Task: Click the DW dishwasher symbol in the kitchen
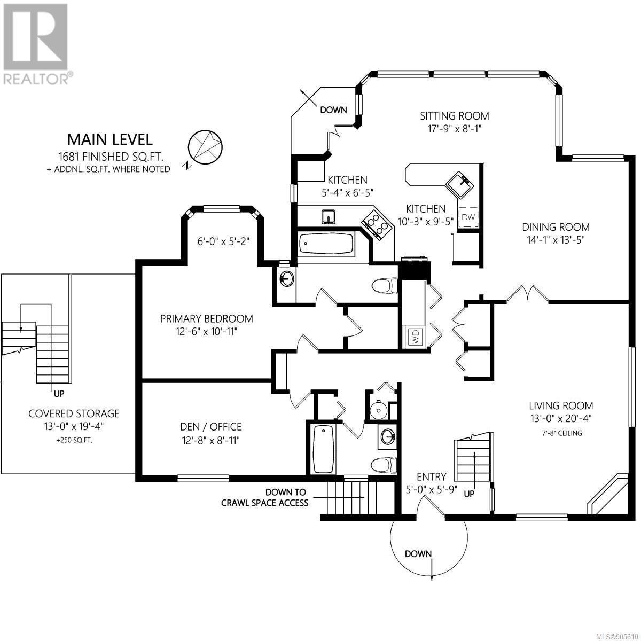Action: (x=468, y=217)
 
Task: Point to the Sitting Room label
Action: (x=455, y=116)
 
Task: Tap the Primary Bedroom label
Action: (x=206, y=319)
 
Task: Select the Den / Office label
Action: (x=210, y=426)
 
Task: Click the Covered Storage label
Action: (x=74, y=413)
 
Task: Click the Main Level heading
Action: (x=110, y=140)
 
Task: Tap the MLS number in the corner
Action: (x=617, y=635)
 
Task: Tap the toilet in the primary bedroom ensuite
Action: (x=384, y=286)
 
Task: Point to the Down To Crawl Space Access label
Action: (x=265, y=497)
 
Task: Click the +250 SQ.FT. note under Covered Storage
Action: (x=74, y=440)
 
